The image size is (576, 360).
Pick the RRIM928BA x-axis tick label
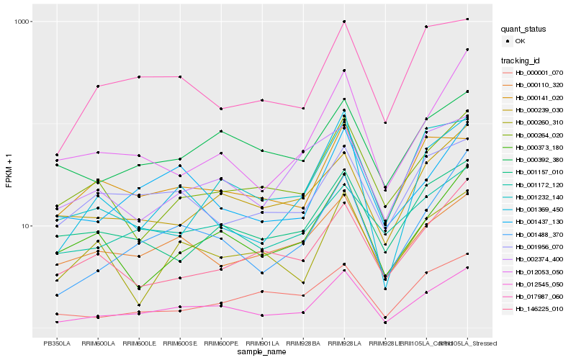[x=303, y=343]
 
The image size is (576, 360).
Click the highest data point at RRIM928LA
[x=344, y=22]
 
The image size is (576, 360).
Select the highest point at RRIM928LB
[x=385, y=123]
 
